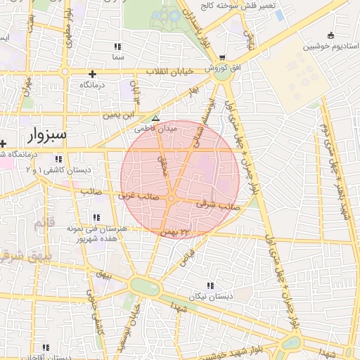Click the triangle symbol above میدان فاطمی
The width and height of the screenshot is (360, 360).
155,118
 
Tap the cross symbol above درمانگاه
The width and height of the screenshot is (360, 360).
92,74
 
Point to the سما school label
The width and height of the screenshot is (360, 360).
117,56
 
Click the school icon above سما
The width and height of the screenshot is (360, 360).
117,46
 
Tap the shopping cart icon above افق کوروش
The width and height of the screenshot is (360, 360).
223,58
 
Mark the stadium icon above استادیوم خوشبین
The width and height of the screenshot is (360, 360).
330,36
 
